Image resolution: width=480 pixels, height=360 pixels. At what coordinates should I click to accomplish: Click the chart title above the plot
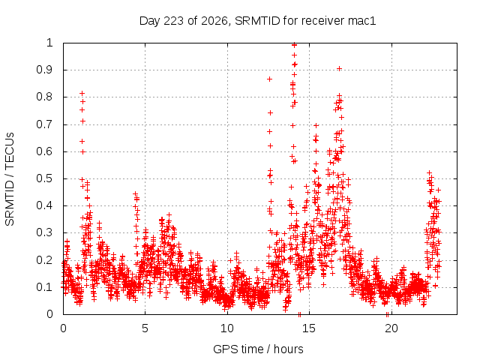click(x=257, y=21)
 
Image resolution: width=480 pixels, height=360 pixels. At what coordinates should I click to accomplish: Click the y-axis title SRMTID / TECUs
click(x=10, y=179)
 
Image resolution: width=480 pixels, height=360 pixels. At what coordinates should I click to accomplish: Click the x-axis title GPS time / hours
click(x=258, y=349)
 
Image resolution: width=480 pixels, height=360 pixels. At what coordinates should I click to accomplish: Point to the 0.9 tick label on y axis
click(x=45, y=70)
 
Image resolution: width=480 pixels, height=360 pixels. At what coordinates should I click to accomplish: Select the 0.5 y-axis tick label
click(x=45, y=178)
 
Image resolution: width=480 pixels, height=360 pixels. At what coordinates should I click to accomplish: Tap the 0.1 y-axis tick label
click(x=45, y=287)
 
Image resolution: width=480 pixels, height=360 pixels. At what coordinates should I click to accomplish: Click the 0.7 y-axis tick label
click(x=45, y=124)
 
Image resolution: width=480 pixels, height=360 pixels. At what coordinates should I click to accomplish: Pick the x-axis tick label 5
click(x=145, y=328)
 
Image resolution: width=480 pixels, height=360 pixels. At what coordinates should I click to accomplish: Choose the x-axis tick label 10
click(x=227, y=328)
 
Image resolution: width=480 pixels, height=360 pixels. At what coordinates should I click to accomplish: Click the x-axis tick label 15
click(x=309, y=328)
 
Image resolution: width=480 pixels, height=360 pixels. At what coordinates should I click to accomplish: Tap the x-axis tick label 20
click(x=391, y=328)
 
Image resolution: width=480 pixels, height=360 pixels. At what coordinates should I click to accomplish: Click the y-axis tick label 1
click(x=50, y=43)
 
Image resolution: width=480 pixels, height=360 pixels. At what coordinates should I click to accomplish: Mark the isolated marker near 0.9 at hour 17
click(x=339, y=68)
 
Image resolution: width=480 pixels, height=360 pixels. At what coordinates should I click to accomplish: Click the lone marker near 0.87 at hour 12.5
click(x=270, y=79)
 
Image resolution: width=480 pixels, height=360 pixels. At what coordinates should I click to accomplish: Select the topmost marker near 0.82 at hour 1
click(x=82, y=93)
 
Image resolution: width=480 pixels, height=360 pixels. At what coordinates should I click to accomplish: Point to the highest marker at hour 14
click(x=295, y=45)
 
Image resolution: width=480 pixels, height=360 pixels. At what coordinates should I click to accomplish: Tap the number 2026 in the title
click(x=214, y=21)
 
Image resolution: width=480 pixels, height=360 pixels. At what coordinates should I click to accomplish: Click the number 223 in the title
click(x=173, y=21)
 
